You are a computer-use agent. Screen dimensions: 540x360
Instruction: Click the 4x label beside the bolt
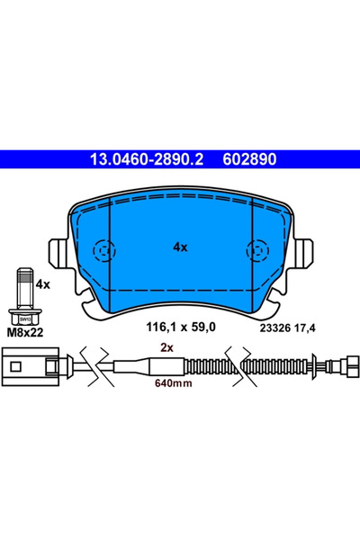(41, 283)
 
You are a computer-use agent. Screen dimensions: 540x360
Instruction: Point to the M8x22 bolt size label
(25, 331)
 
